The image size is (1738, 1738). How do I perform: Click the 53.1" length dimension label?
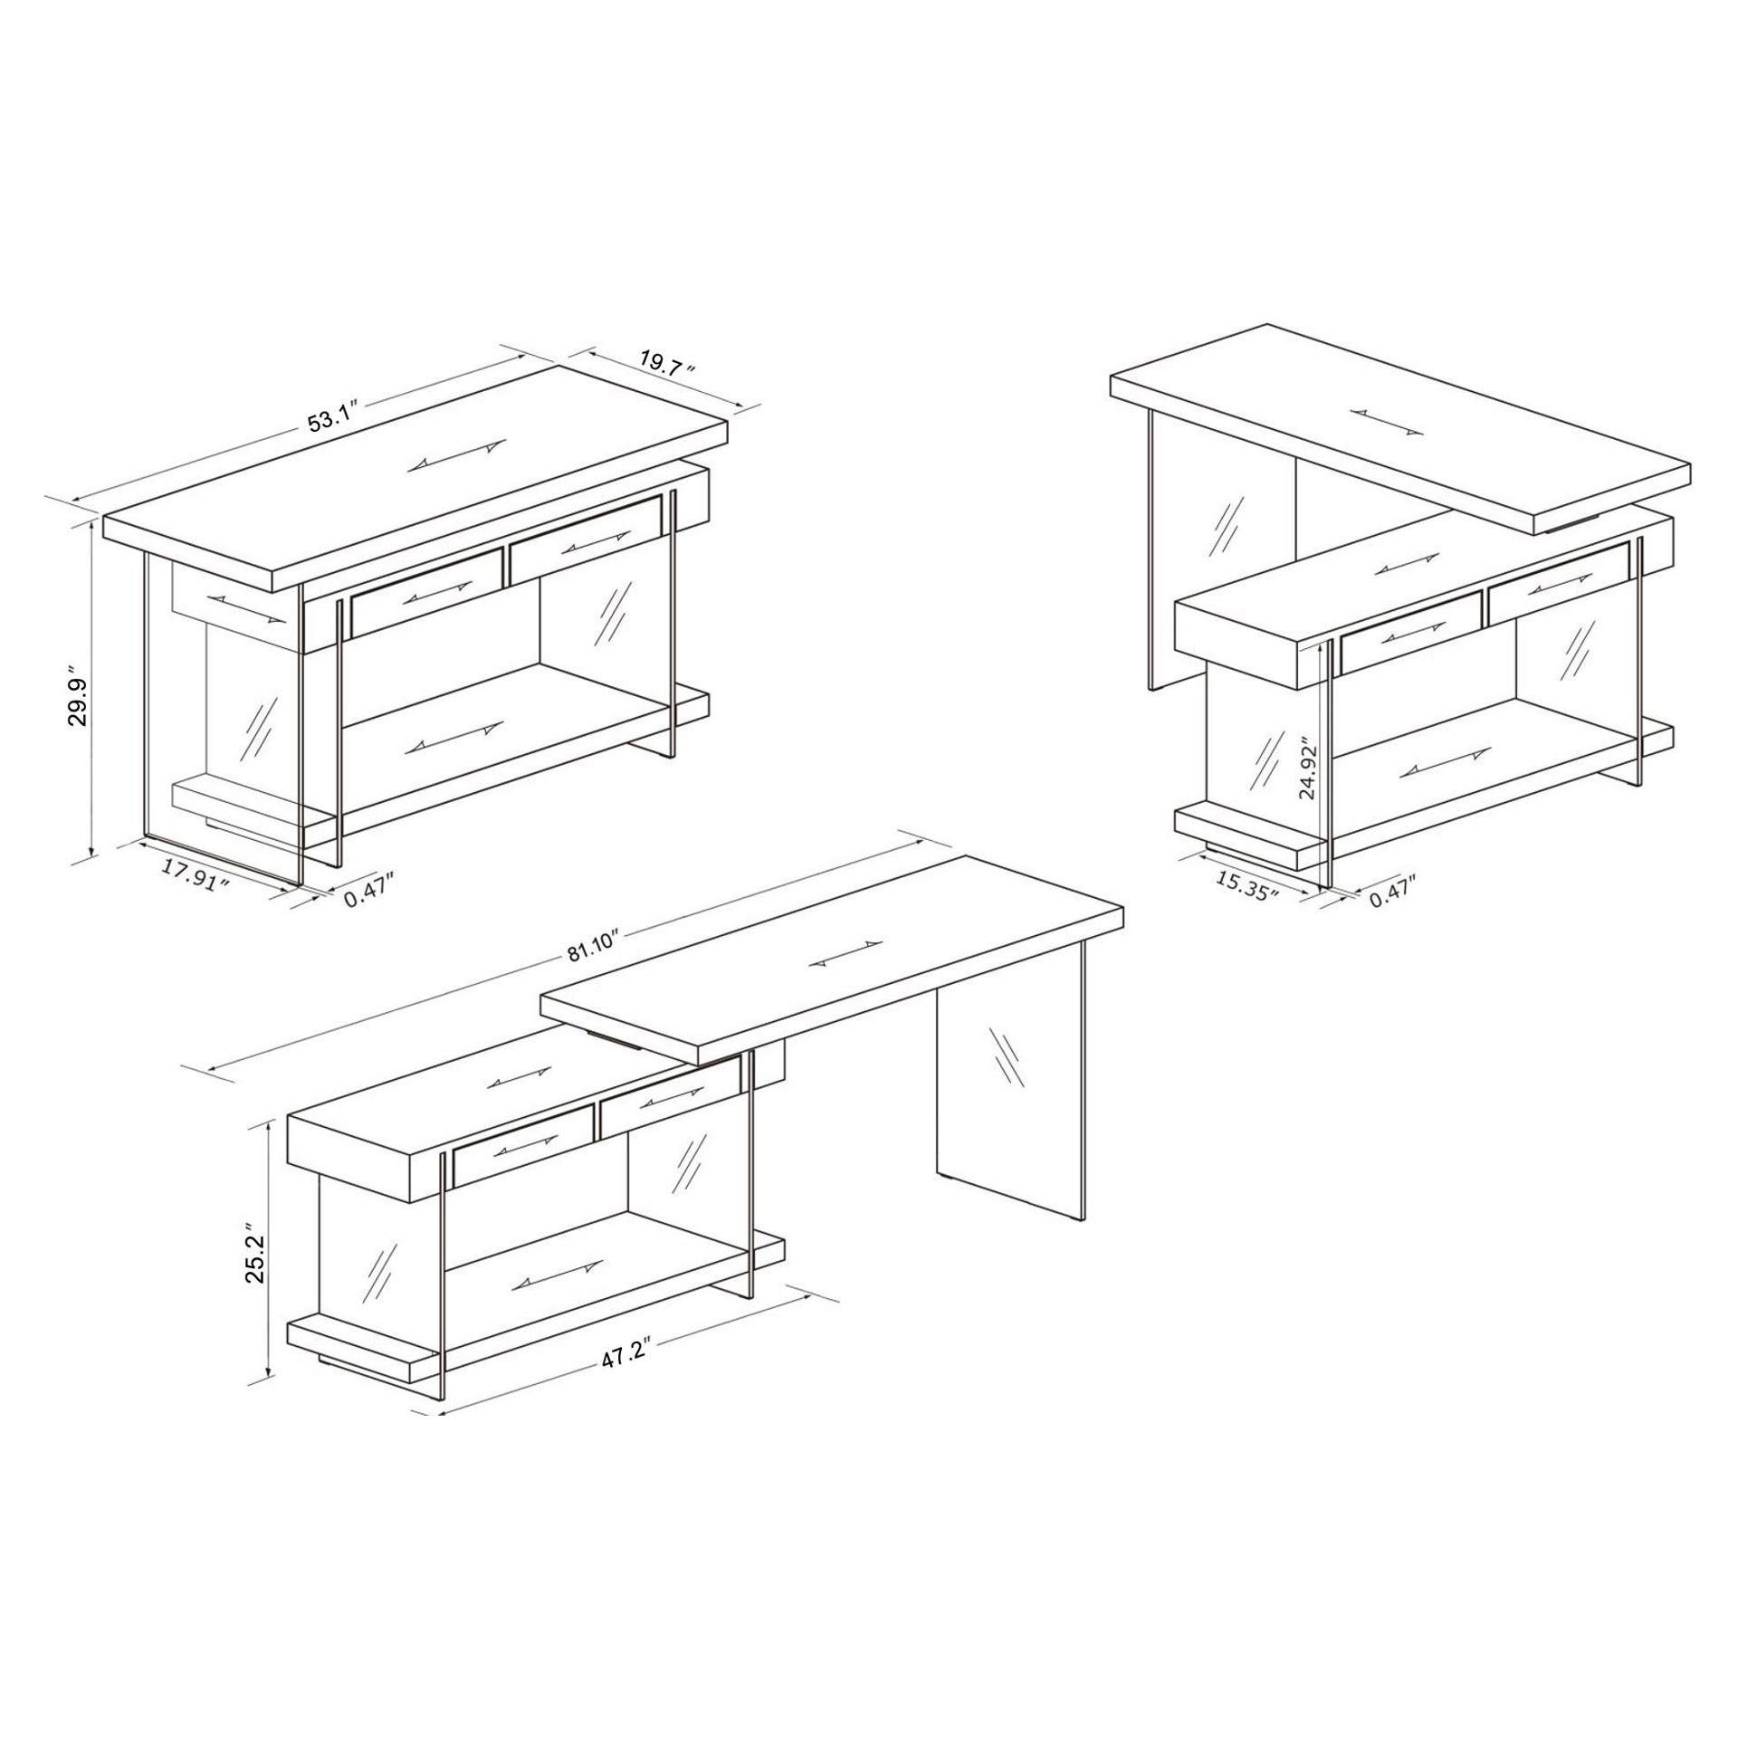[x=335, y=418]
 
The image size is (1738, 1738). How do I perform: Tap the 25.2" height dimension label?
[x=254, y=1257]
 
